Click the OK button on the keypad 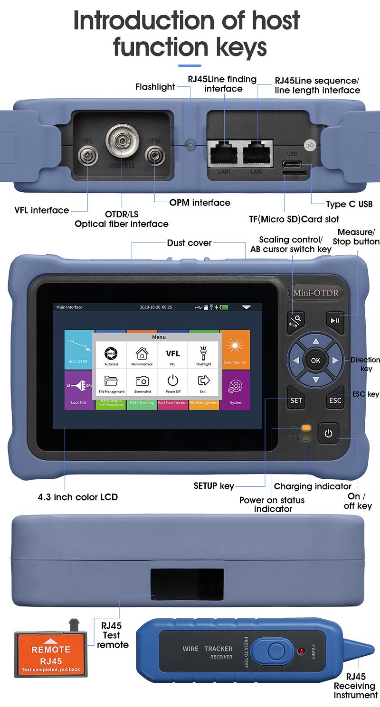(x=315, y=360)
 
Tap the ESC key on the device (x=335, y=400)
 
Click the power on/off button (x=328, y=433)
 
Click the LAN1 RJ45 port (x=224, y=152)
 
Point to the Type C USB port (x=292, y=164)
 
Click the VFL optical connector (x=87, y=155)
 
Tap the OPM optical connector (x=154, y=155)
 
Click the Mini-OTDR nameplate (x=316, y=293)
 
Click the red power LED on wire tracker (x=301, y=651)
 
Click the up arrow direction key (x=315, y=340)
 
